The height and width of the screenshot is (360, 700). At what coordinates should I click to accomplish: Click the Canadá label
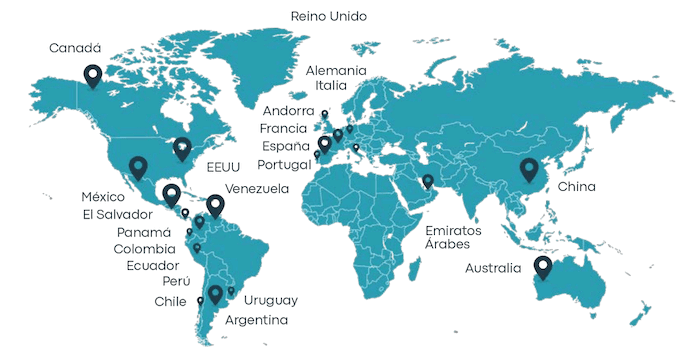(75, 47)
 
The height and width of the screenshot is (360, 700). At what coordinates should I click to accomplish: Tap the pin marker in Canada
(93, 74)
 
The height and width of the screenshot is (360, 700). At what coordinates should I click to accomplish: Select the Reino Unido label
(328, 16)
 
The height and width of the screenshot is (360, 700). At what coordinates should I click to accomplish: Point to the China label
(577, 187)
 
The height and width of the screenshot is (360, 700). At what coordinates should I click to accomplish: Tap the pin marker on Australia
(543, 266)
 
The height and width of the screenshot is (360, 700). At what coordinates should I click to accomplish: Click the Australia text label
(493, 268)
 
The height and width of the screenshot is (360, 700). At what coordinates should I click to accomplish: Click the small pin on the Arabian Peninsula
(428, 181)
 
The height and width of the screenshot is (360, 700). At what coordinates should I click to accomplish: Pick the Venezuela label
(257, 189)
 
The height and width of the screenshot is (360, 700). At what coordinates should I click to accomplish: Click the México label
(102, 195)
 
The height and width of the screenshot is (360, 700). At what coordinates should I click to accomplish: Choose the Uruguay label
(271, 300)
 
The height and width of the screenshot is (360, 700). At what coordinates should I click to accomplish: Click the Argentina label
(257, 320)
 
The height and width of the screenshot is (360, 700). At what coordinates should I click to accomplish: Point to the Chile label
(171, 301)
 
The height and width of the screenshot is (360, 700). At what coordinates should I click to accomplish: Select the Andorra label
(289, 110)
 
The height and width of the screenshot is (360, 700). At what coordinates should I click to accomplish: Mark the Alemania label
(336, 70)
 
